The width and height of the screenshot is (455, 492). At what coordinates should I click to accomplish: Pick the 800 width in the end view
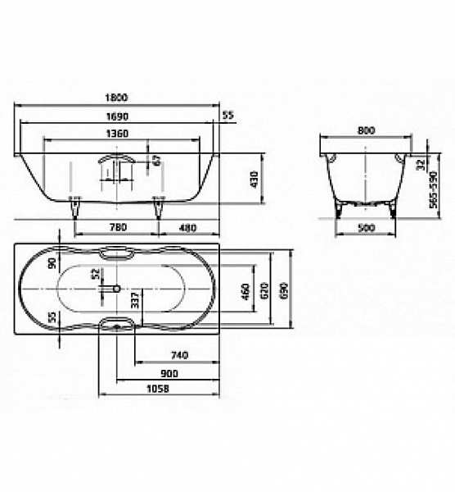(x=366, y=130)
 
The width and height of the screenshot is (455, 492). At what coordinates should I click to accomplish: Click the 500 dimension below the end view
(x=366, y=227)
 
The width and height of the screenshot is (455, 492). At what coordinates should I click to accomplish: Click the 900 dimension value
(x=169, y=372)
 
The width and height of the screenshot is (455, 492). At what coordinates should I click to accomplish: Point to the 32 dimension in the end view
(x=421, y=163)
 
